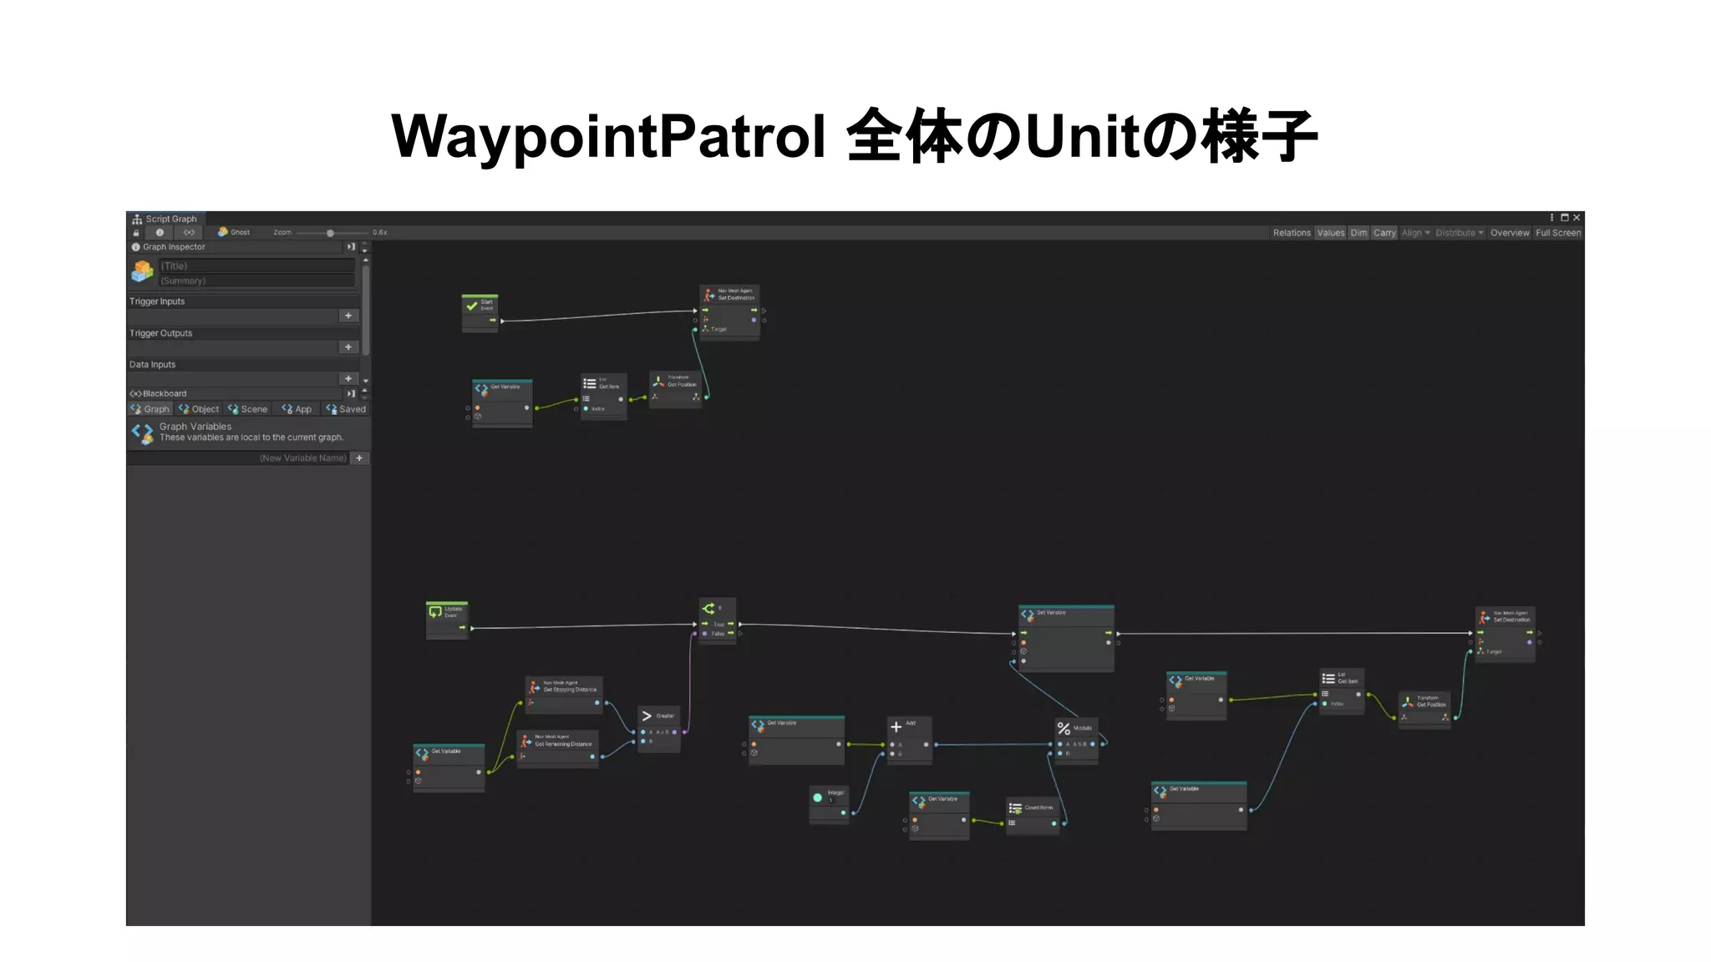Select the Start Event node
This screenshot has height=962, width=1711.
480,311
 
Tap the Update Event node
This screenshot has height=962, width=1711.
446,618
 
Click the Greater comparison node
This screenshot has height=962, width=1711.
658,727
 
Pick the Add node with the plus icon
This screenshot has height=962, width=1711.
908,737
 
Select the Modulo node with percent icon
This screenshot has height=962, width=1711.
1075,738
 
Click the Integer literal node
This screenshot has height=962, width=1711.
829,802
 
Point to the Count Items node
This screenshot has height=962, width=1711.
1033,814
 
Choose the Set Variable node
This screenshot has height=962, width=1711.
1065,635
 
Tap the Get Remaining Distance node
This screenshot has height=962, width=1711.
557,747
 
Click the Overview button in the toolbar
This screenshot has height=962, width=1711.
1509,233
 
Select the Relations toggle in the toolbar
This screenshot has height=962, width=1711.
1291,233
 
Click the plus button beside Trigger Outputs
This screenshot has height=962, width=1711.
348,347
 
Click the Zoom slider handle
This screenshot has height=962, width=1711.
330,233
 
